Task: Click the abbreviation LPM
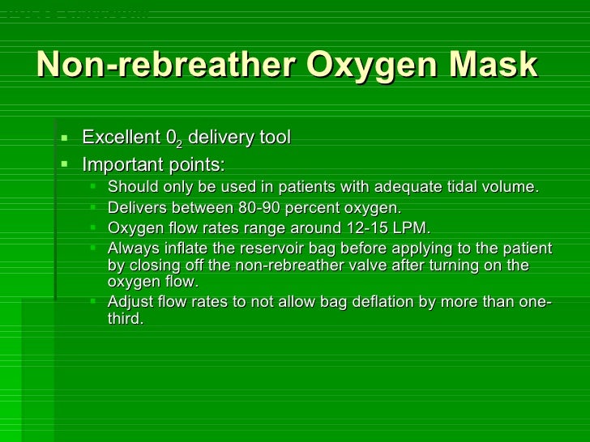411,227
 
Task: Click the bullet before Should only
93,187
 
